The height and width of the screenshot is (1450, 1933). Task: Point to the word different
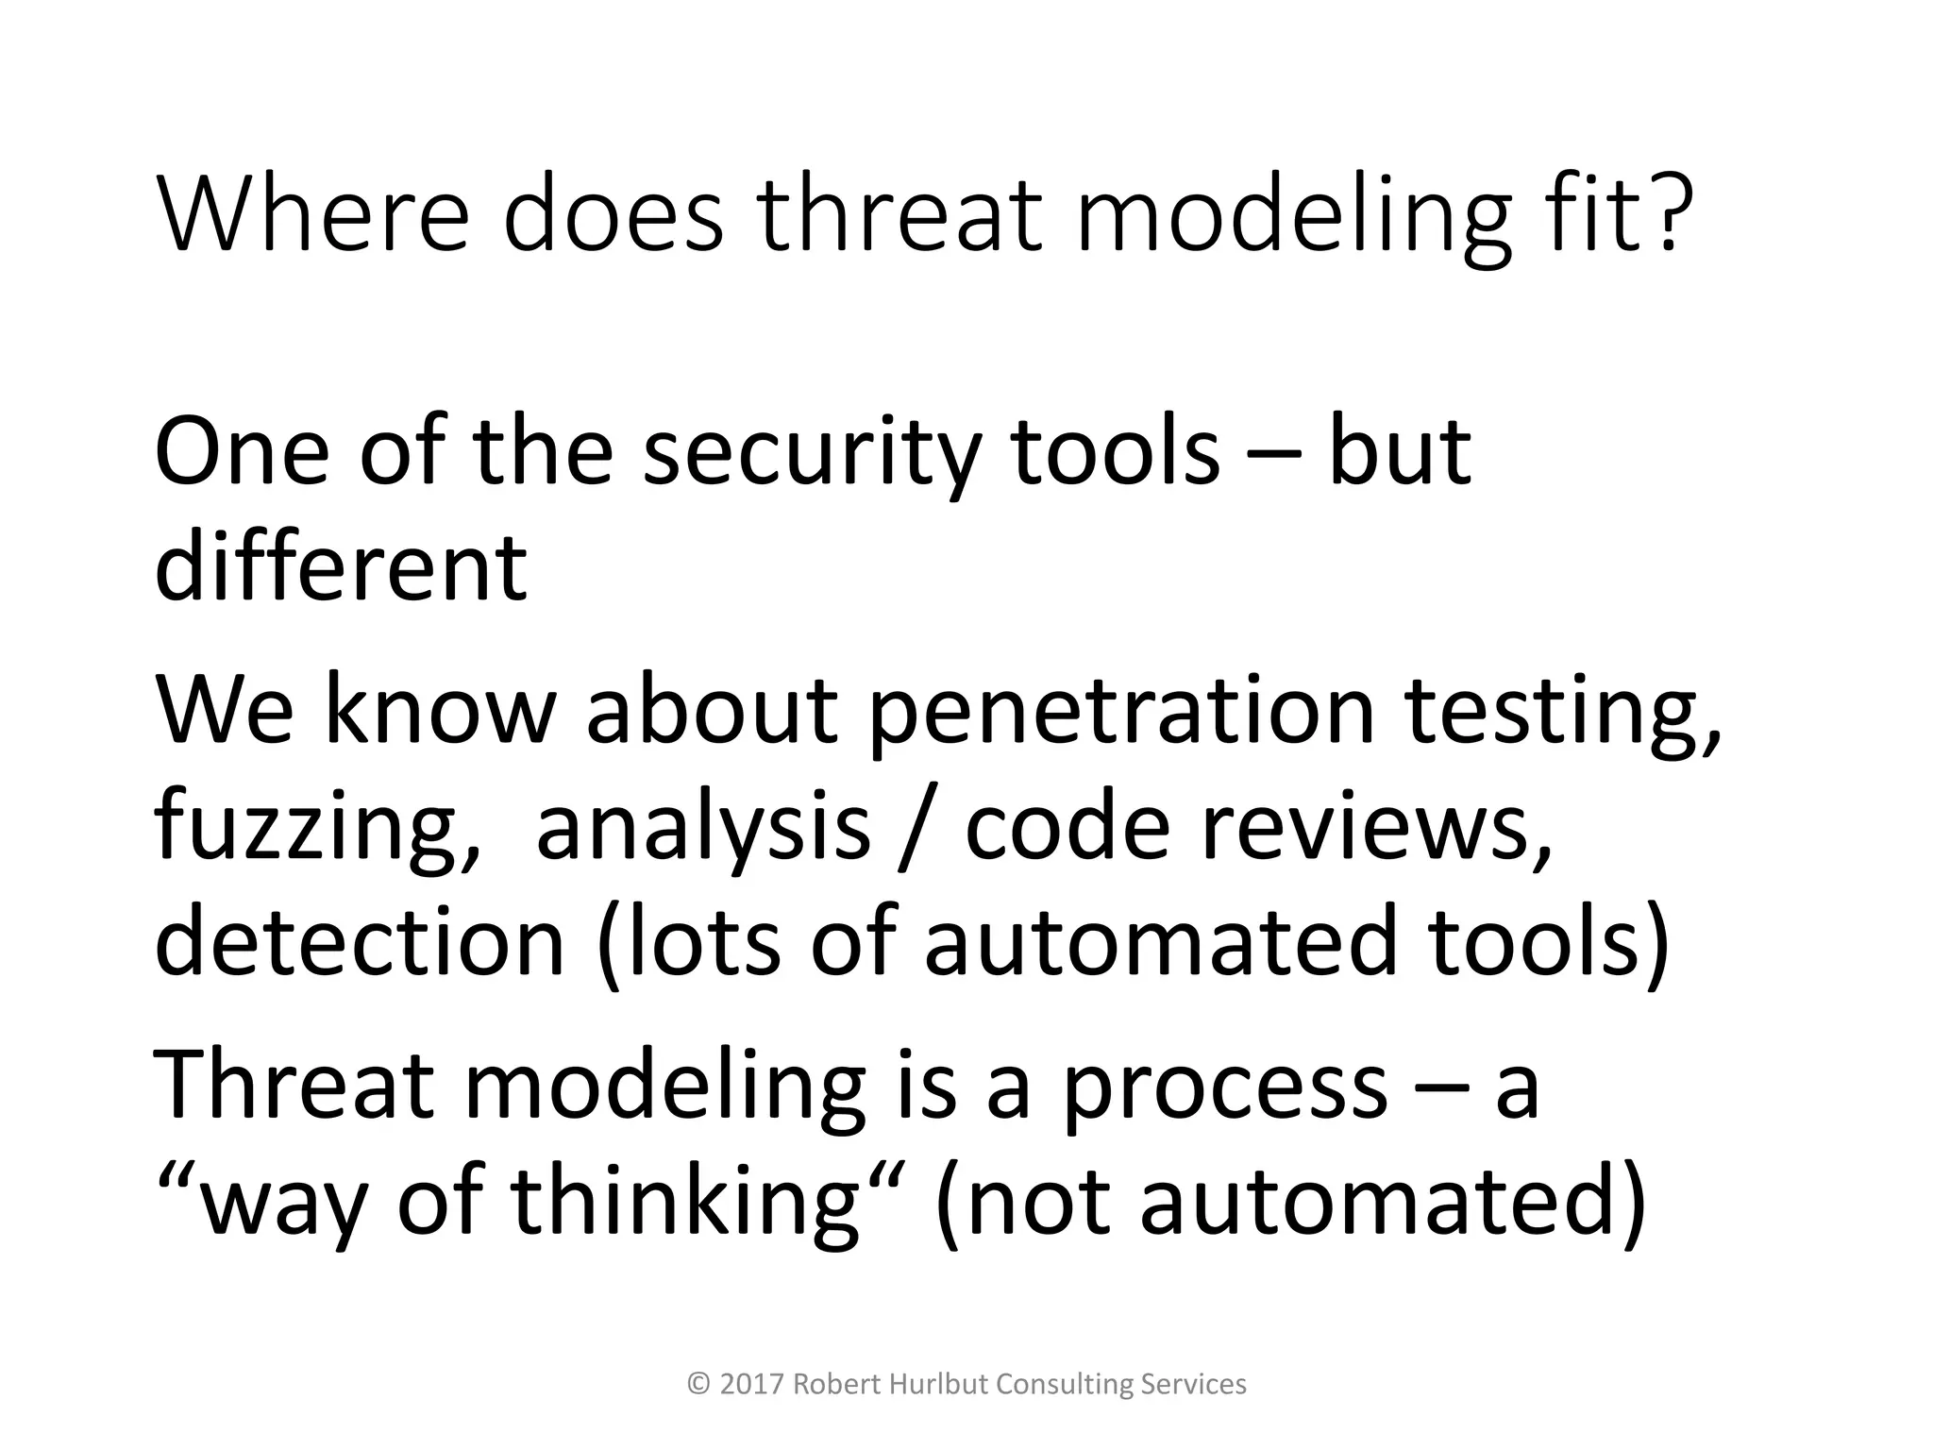(x=341, y=567)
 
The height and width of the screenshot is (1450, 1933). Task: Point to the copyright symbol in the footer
(x=699, y=1384)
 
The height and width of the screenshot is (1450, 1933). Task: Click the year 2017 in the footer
(x=752, y=1384)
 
